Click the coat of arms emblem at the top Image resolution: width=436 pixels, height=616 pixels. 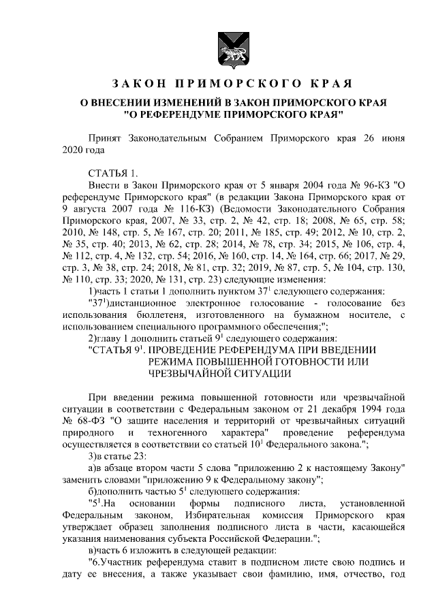(x=217, y=47)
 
